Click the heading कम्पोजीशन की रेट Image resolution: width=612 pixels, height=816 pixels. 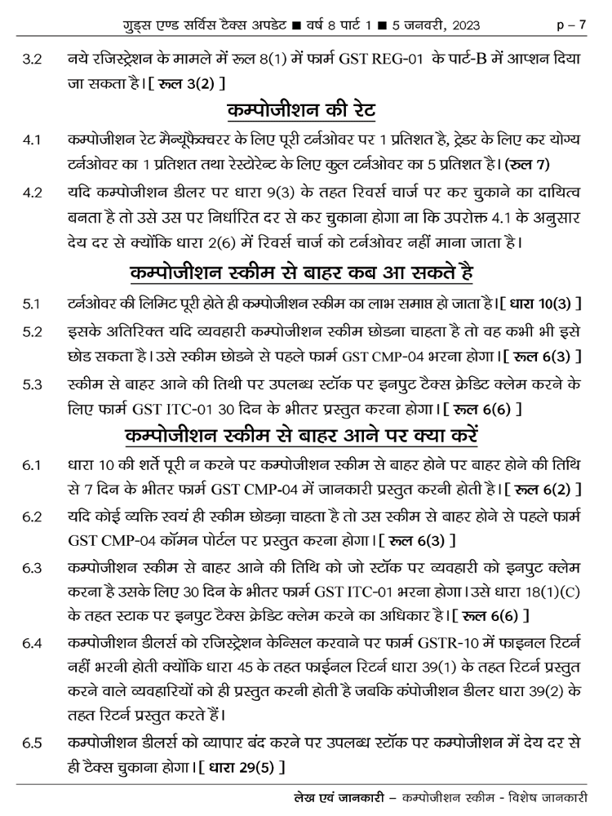306,109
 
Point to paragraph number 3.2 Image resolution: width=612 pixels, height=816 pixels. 33,60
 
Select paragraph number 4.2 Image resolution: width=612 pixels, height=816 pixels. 33,194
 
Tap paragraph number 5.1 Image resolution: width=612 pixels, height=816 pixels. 33,306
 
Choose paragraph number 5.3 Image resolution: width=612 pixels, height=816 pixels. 33,384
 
